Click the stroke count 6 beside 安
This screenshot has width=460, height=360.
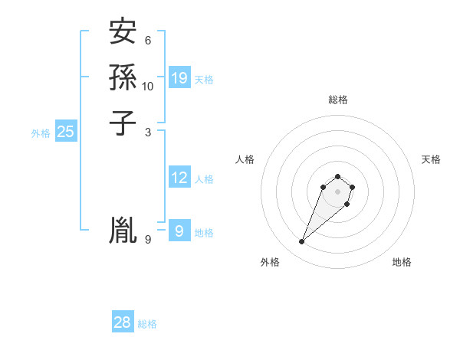[148, 40]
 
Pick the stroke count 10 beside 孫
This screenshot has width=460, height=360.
[148, 86]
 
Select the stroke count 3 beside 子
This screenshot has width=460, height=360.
[148, 131]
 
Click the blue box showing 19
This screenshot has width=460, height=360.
[179, 77]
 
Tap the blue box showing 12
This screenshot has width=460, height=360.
[179, 178]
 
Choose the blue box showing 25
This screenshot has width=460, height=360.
[66, 132]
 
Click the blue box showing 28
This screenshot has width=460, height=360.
[123, 322]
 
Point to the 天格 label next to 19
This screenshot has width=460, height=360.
[204, 80]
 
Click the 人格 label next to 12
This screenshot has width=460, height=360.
[204, 179]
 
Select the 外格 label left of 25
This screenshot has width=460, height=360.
[41, 133]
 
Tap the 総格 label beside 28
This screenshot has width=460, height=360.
[147, 324]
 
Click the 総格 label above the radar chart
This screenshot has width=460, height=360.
[337, 100]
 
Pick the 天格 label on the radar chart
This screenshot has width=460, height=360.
[431, 159]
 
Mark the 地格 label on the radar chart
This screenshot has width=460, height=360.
[402, 262]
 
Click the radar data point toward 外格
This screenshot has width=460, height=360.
[302, 242]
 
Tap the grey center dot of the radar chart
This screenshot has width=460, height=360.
[337, 191]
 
